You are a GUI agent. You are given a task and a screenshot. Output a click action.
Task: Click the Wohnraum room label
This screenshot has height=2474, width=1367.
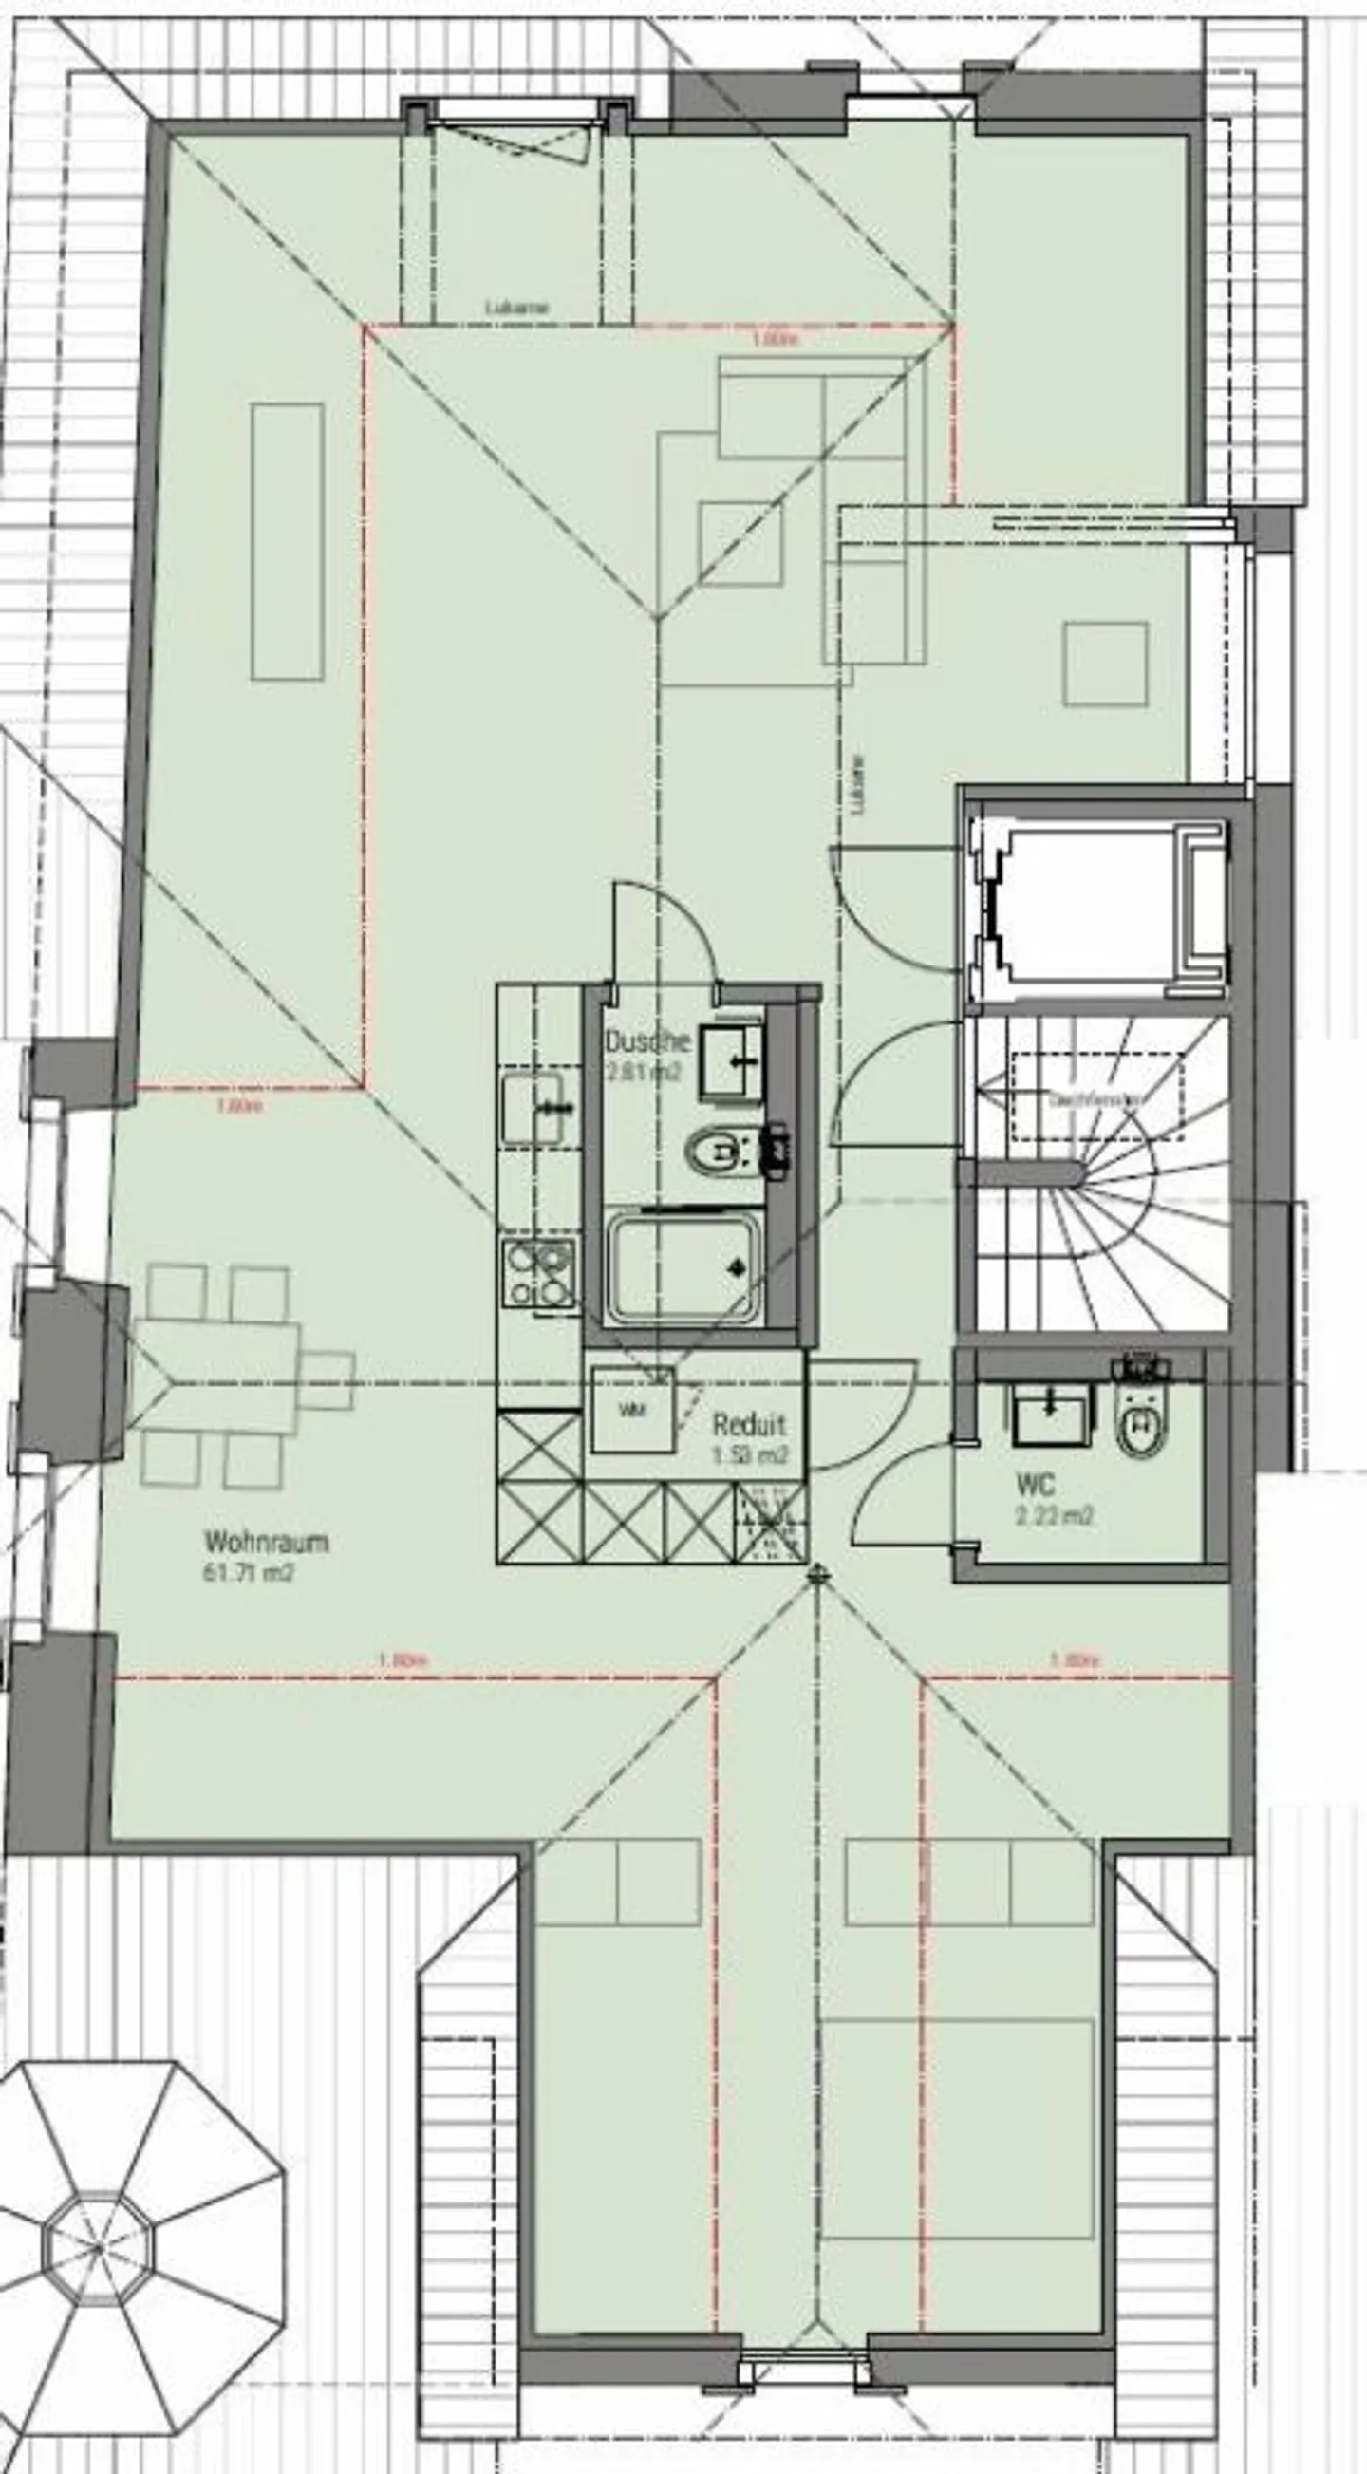(266, 1542)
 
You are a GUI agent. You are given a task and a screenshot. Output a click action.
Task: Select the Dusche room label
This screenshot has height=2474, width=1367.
(647, 1040)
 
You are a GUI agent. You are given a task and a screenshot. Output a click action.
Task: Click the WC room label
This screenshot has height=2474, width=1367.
(1035, 1486)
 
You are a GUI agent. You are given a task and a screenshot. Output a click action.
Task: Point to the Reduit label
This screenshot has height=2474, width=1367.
(748, 1424)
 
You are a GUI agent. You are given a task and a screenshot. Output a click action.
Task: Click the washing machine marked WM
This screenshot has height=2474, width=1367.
(631, 1410)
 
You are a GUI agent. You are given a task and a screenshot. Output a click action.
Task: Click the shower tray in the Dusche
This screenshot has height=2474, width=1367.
(684, 1265)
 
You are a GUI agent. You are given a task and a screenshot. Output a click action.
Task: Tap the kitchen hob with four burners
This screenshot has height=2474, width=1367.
(539, 1272)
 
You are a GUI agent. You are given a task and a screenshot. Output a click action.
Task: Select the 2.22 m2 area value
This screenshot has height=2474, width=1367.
(1055, 1516)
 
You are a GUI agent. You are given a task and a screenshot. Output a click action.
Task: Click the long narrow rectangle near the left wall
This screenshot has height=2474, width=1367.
(287, 542)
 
